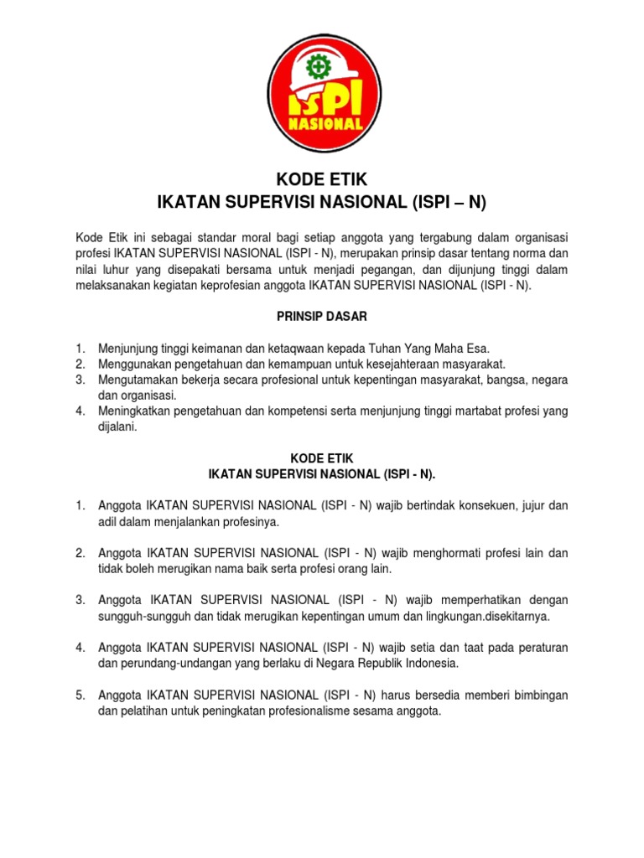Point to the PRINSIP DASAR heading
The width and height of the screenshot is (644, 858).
[x=321, y=317]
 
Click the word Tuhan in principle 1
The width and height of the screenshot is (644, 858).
[x=392, y=348]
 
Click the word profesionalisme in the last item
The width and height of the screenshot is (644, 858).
[x=325, y=711]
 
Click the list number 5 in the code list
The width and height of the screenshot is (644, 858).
[x=80, y=695]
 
